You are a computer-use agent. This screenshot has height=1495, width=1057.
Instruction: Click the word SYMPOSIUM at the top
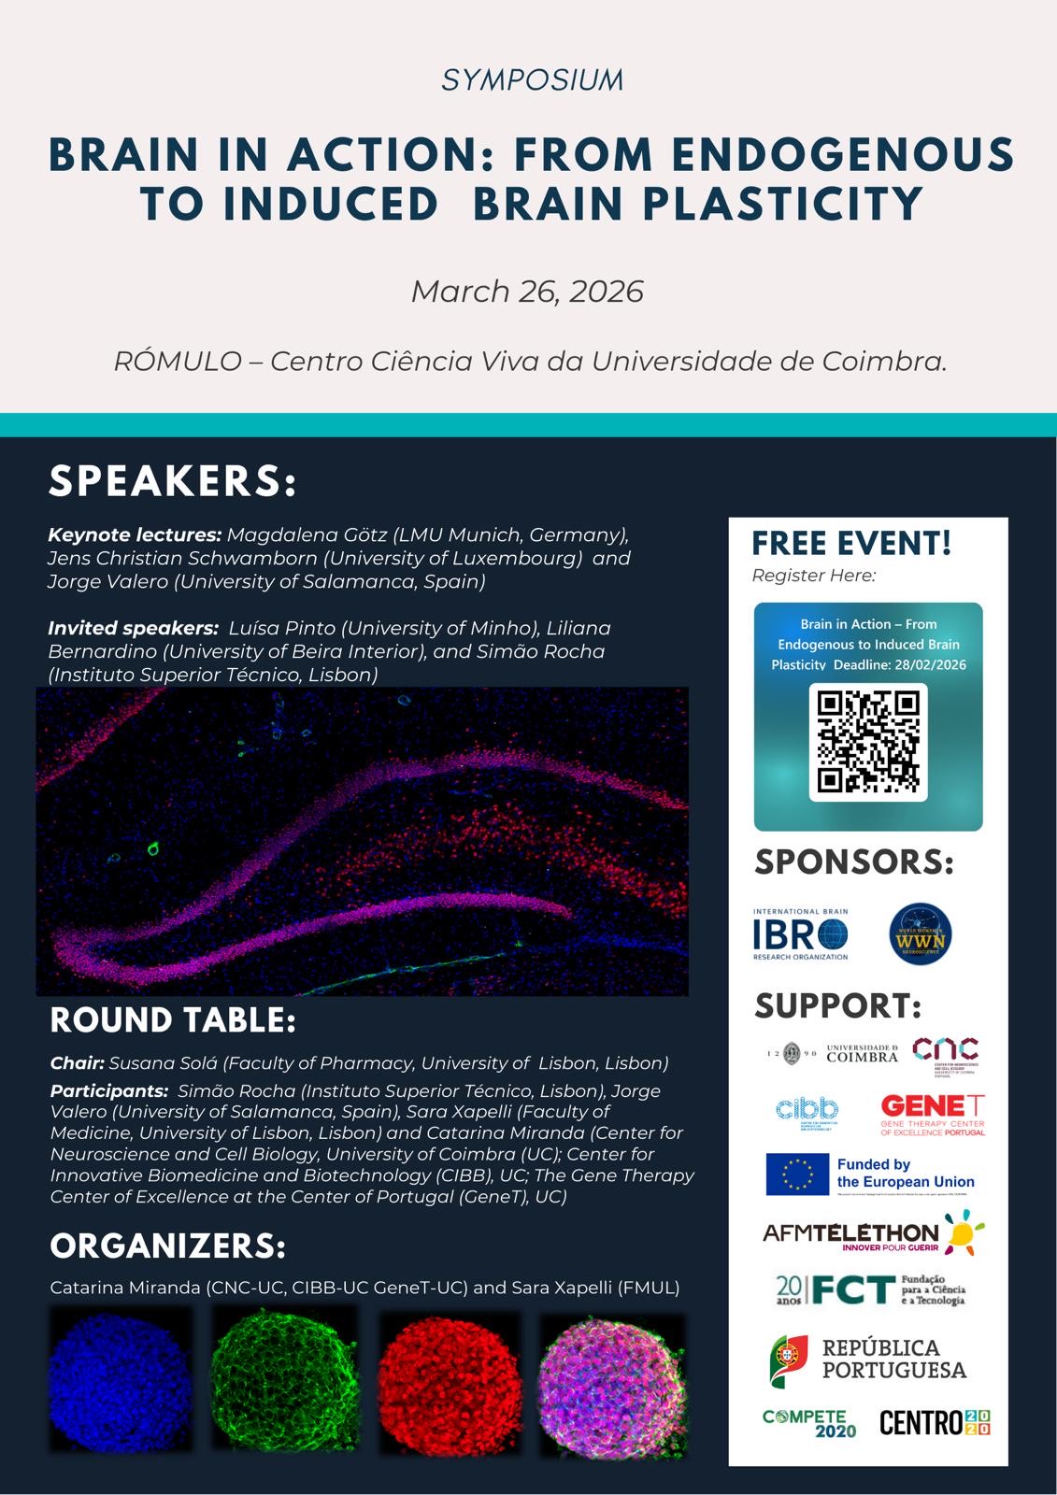click(532, 80)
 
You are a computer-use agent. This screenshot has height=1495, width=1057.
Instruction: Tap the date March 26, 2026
click(527, 292)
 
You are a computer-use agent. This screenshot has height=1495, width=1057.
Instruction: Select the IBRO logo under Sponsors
click(801, 934)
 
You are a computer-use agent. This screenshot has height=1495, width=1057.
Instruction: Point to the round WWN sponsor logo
click(921, 934)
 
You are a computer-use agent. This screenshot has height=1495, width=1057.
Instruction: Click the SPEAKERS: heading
click(173, 481)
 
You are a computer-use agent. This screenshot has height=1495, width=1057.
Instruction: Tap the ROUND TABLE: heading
click(173, 1020)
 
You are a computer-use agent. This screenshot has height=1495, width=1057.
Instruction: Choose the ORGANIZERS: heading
click(168, 1246)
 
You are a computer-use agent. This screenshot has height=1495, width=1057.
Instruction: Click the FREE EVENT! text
click(851, 543)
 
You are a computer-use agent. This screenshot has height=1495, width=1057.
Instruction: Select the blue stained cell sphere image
click(120, 1380)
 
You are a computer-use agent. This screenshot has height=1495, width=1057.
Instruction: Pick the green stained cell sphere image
click(283, 1380)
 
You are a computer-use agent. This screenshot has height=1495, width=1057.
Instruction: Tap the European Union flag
click(797, 1175)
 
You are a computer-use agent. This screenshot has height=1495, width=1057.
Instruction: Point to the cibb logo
click(807, 1112)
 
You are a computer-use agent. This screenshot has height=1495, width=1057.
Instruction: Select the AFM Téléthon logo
click(873, 1232)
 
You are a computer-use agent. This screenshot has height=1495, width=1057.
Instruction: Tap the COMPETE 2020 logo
click(809, 1423)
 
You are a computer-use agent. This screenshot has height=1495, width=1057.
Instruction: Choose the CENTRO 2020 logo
click(934, 1423)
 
